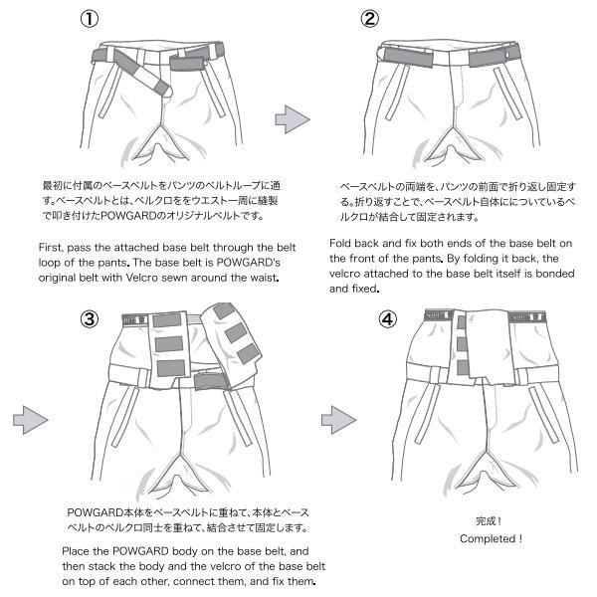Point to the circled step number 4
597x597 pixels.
click(x=389, y=319)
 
